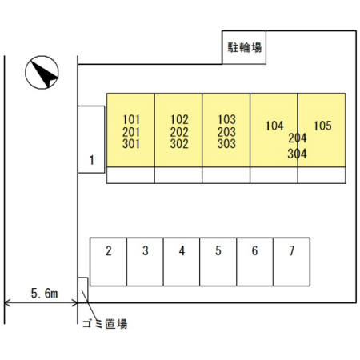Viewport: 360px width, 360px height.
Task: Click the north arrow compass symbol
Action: pyautogui.click(x=42, y=72)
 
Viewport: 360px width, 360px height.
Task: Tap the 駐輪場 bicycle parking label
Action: pyautogui.click(x=244, y=47)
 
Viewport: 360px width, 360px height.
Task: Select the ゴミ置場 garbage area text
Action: pyautogui.click(x=105, y=324)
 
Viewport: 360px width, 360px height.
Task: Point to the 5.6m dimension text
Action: pyautogui.click(x=44, y=293)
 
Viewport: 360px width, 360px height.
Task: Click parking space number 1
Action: pyautogui.click(x=91, y=139)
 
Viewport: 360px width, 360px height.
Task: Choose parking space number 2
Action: pyautogui.click(x=108, y=262)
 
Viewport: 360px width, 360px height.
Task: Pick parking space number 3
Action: pyautogui.click(x=145, y=262)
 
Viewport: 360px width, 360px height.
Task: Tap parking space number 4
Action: pyautogui.click(x=182, y=262)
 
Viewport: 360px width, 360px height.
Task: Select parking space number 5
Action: pyautogui.click(x=218, y=262)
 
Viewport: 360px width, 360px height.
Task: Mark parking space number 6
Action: pyautogui.click(x=254, y=262)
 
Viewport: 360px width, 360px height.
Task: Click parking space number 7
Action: pyautogui.click(x=291, y=262)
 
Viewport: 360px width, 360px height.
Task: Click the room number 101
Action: pyautogui.click(x=131, y=119)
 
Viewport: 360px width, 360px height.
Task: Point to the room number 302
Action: pyautogui.click(x=179, y=144)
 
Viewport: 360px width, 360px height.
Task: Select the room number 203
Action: pyautogui.click(x=226, y=132)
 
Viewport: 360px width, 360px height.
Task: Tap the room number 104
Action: pyautogui.click(x=274, y=126)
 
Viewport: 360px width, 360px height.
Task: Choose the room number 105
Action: pyautogui.click(x=322, y=126)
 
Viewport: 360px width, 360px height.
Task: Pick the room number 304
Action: pyautogui.click(x=297, y=154)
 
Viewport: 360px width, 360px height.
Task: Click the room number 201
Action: pyautogui.click(x=131, y=132)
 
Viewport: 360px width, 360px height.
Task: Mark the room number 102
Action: pyautogui.click(x=179, y=119)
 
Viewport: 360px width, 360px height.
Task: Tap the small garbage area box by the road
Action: pyautogui.click(x=82, y=290)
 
